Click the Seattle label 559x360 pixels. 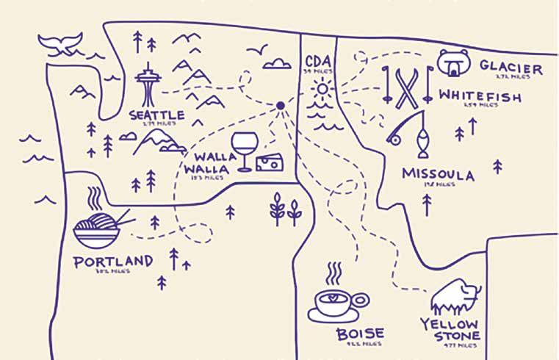(x=156, y=115)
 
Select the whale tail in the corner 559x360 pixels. (x=62, y=44)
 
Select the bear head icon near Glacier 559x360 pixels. (x=453, y=63)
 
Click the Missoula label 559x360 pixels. (x=438, y=175)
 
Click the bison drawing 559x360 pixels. (x=454, y=297)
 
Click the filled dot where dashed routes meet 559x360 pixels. (x=280, y=107)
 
